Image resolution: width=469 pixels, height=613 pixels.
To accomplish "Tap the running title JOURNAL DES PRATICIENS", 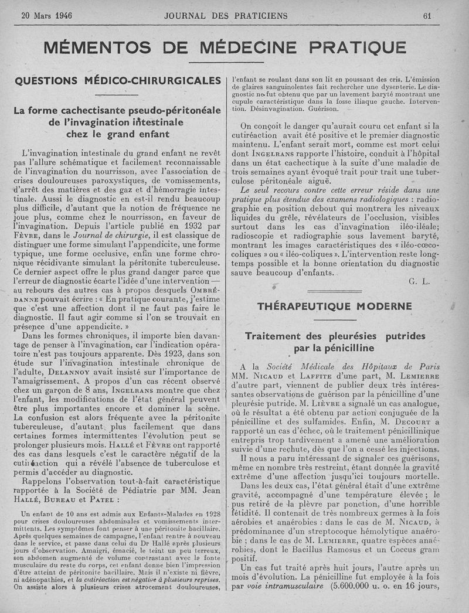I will click(x=226, y=16).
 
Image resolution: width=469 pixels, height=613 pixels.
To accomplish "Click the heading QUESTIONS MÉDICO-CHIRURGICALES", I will click(x=117, y=80).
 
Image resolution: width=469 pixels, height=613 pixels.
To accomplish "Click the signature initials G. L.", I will click(x=419, y=281).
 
